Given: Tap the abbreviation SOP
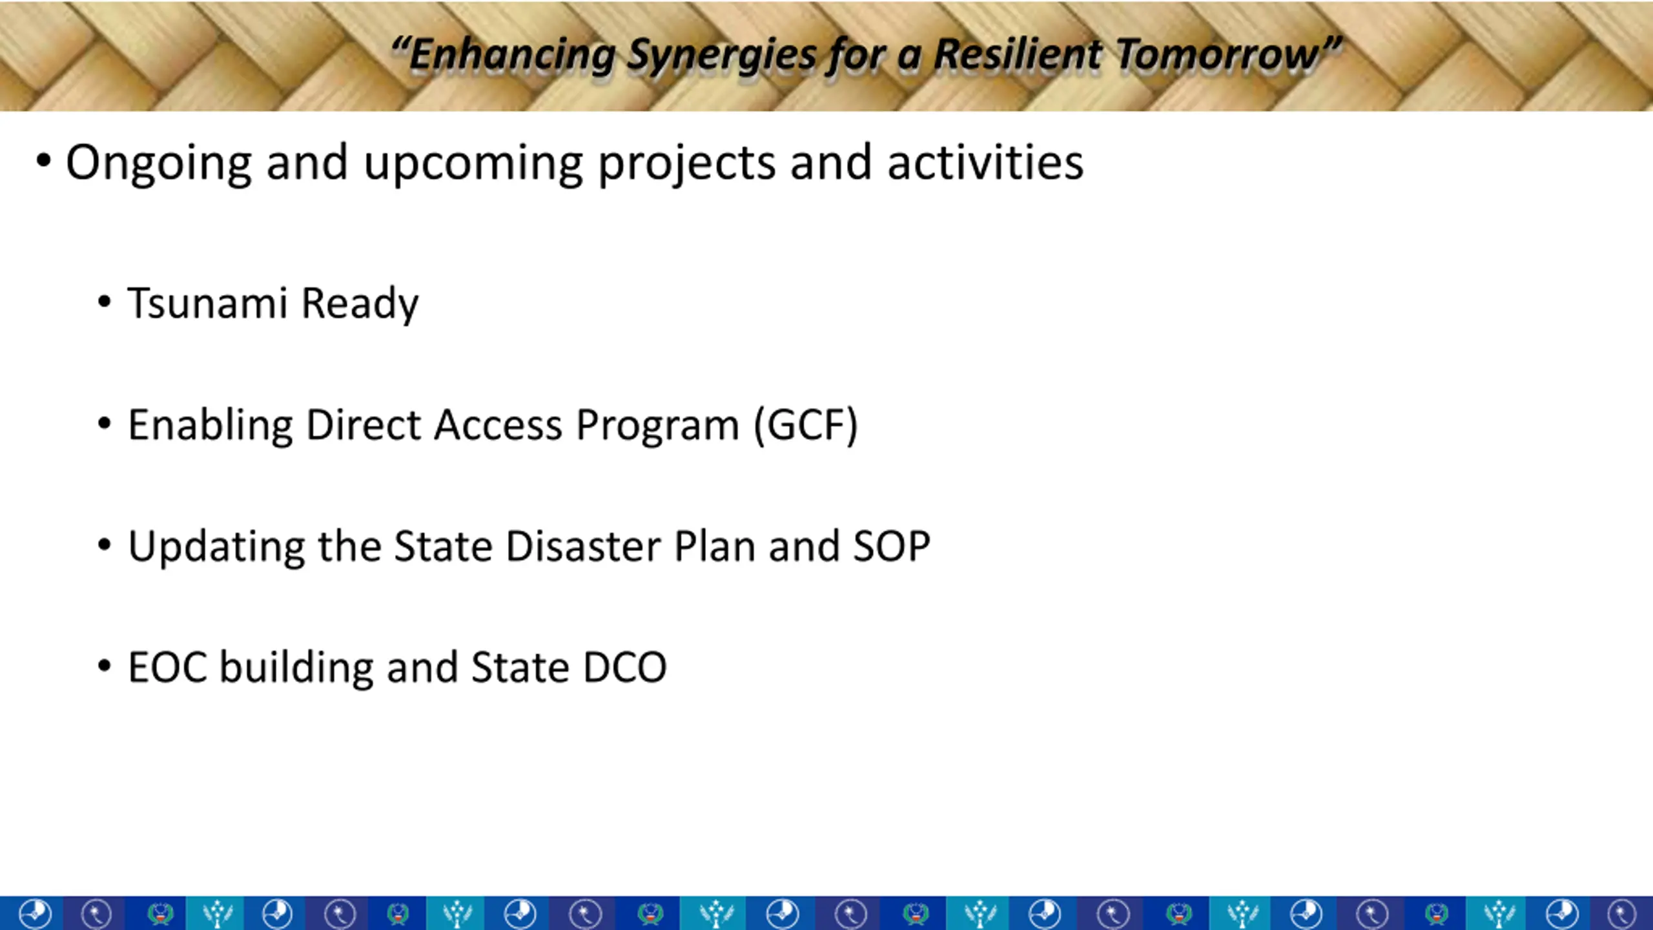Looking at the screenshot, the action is click(x=892, y=546).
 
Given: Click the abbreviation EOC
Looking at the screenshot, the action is click(x=168, y=667).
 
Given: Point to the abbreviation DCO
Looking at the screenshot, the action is click(x=624, y=667).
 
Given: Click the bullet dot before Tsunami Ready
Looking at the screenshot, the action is click(x=105, y=302).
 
